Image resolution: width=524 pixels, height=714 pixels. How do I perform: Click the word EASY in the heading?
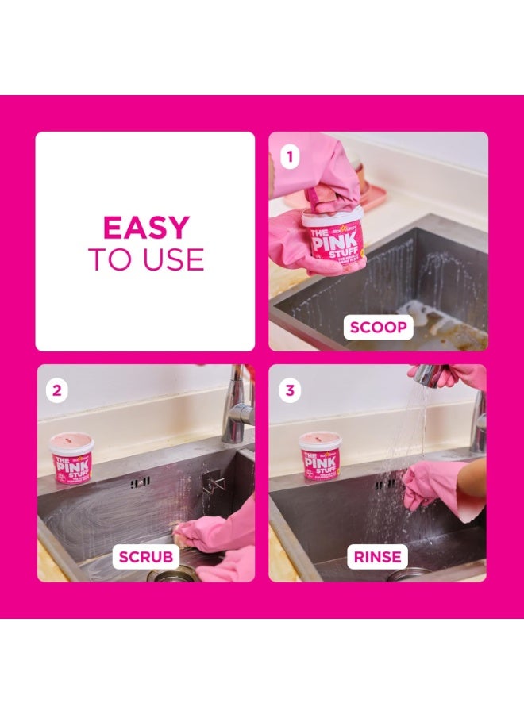point(146,228)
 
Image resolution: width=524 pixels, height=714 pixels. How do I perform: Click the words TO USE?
point(146,259)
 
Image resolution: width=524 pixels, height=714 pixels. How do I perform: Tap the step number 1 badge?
point(289,157)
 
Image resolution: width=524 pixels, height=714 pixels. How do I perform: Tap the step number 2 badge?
point(56,389)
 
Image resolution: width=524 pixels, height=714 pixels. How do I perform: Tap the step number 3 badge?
point(289,389)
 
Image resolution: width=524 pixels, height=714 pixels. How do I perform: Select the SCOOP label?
point(379,325)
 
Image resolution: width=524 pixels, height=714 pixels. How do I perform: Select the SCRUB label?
point(146,556)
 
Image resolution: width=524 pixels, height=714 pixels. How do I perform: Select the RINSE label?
point(378,556)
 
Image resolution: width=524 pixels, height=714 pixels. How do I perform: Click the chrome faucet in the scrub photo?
point(237,405)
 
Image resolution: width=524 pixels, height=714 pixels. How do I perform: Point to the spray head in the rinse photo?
point(429,375)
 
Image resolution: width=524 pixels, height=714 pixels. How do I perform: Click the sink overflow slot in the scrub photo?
point(140,482)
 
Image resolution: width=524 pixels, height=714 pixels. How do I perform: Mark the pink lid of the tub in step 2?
point(71,439)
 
